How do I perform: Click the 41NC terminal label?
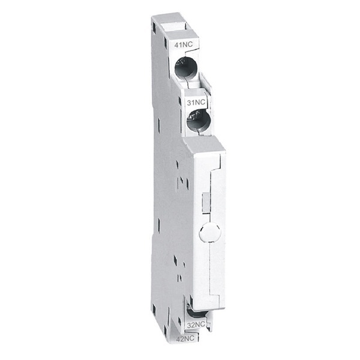[x=183, y=45]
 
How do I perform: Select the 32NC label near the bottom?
[x=197, y=325]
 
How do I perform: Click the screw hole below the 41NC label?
[x=185, y=69]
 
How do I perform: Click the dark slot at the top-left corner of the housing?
[x=155, y=25]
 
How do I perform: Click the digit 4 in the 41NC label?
[x=176, y=45]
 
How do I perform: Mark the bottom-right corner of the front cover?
[x=224, y=307]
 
